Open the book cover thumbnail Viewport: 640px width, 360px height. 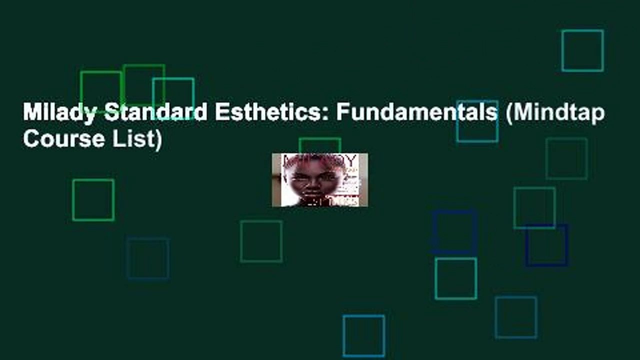pos(319,180)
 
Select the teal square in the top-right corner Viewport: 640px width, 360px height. pos(582,50)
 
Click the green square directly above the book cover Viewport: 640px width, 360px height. pos(320,145)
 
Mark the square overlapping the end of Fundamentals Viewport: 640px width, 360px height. pos(477,121)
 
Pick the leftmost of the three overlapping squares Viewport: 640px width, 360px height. pos(100,92)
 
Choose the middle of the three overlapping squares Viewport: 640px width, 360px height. pos(143,85)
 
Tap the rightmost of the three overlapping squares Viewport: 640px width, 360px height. pos(173,98)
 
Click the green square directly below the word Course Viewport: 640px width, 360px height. pos(93,200)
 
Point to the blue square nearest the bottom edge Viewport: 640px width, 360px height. pos(363,336)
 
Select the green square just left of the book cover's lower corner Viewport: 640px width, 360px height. pos(261,241)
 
